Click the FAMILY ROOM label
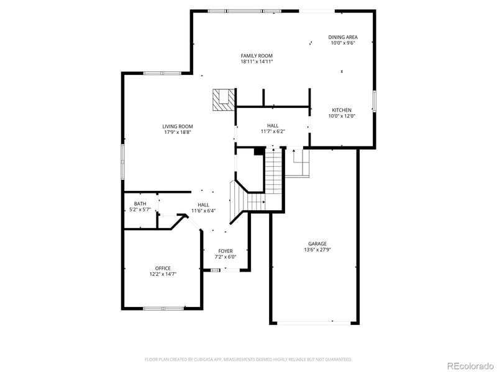pyautogui.click(x=257, y=56)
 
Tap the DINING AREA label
pyautogui.click(x=343, y=37)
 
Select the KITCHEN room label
pyautogui.click(x=341, y=110)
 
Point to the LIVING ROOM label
pyautogui.click(x=178, y=126)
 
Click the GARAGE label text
pyautogui.click(x=317, y=244)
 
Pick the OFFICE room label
pyautogui.click(x=163, y=268)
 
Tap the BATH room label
pyautogui.click(x=140, y=204)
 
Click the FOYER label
pyautogui.click(x=225, y=251)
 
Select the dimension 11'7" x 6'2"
pyautogui.click(x=273, y=131)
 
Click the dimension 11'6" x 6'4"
pyautogui.click(x=203, y=211)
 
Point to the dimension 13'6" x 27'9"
pyautogui.click(x=317, y=250)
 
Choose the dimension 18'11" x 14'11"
pyautogui.click(x=257, y=61)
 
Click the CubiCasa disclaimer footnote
pyautogui.click(x=248, y=359)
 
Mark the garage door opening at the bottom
pyautogui.click(x=314, y=322)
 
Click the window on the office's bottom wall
pyautogui.click(x=163, y=308)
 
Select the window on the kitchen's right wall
pyautogui.click(x=375, y=100)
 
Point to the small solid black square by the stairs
pyautogui.click(x=260, y=150)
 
